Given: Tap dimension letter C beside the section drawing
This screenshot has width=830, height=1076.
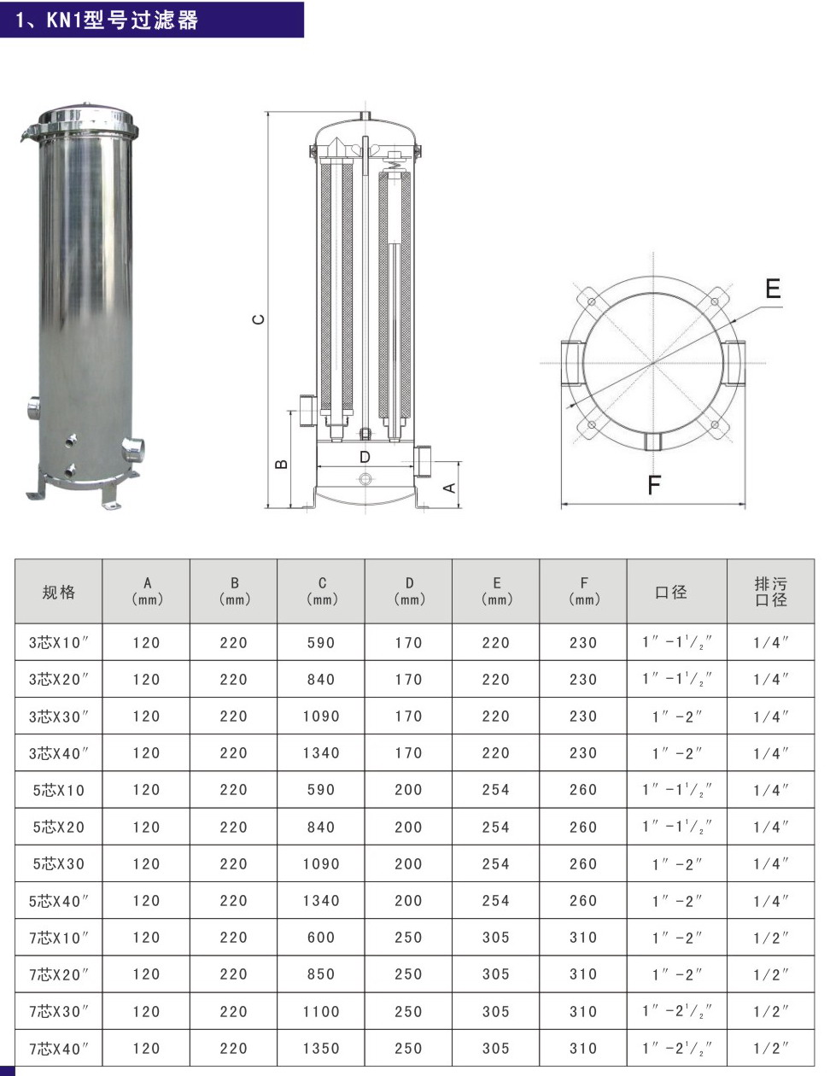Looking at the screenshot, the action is point(259,319).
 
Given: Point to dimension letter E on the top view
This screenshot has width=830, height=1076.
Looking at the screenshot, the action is point(773,289).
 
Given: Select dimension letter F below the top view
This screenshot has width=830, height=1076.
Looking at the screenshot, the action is point(654,484).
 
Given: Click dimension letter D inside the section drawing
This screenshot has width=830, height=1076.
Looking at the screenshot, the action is point(365,457).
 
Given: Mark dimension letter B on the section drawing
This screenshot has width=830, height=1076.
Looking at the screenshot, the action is point(281,464).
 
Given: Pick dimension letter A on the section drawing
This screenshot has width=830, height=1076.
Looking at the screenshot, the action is point(449,488).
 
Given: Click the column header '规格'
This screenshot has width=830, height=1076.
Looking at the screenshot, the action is point(58,592).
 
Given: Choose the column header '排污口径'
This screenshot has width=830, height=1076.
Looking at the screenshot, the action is point(770,591).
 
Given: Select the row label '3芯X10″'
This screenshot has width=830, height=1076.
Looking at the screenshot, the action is point(58,642).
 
